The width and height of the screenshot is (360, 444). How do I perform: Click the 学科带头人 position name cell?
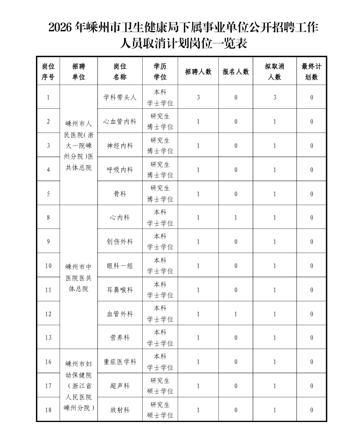tap(120, 98)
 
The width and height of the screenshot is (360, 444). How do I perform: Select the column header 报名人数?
tap(236, 71)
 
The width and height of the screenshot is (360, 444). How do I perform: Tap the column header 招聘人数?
tap(198, 71)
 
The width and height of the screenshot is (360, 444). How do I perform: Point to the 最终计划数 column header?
tap(311, 71)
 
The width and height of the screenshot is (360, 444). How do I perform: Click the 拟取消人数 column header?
tap(274, 71)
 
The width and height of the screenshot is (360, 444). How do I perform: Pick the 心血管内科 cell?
tap(120, 122)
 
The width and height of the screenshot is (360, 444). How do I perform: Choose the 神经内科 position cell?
tap(120, 146)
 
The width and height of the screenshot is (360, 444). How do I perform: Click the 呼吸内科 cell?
tap(120, 170)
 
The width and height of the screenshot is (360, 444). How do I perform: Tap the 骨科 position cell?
tap(120, 194)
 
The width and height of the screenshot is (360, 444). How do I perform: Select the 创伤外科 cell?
tap(120, 242)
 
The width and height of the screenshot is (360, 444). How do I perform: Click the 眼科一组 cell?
tap(120, 266)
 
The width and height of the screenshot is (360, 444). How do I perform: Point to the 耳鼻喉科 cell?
tap(120, 290)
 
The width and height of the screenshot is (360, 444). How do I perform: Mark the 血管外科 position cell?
tap(120, 314)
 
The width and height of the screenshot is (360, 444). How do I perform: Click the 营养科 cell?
tap(120, 338)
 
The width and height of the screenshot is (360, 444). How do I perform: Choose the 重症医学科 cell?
tap(120, 362)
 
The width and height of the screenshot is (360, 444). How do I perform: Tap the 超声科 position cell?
tap(120, 386)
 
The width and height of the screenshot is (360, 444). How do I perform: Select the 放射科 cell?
tap(120, 410)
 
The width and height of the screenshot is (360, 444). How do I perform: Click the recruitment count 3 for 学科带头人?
tap(198, 98)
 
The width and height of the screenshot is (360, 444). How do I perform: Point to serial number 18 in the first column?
tap(48, 410)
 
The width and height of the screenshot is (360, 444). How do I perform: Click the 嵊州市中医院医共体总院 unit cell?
tap(79, 278)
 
